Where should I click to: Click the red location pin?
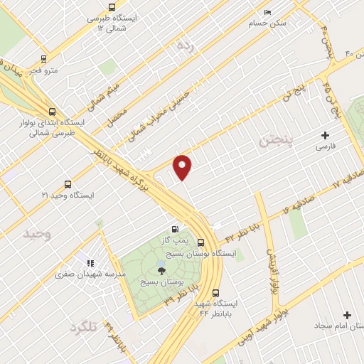[183, 166]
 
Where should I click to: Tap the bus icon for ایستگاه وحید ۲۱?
[68, 183]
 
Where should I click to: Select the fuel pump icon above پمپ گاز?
[173, 230]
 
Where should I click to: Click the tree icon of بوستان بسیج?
[161, 269]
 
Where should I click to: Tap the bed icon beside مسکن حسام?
[267, 12]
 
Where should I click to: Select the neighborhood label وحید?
[38, 233]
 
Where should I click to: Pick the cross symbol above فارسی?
[326, 135]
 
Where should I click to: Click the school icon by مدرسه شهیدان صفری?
[90, 264]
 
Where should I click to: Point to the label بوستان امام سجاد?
[339, 326]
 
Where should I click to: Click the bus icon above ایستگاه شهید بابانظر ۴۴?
[215, 291]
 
